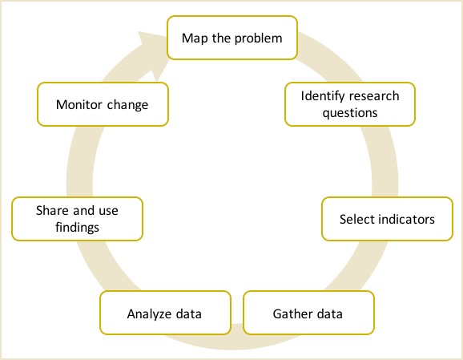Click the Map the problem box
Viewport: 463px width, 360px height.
click(232, 38)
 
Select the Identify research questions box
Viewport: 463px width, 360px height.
click(350, 104)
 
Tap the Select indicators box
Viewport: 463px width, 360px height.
click(387, 219)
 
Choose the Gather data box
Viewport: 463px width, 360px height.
click(308, 313)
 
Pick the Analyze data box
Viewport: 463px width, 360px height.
click(165, 313)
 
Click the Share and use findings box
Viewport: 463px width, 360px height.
click(78, 219)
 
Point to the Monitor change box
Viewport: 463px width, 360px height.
click(103, 104)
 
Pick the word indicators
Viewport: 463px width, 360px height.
click(407, 220)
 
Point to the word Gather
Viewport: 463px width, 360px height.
click(291, 313)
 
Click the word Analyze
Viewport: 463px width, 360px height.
click(150, 314)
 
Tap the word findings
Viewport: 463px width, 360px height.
click(78, 228)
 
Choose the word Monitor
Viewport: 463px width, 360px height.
click(79, 104)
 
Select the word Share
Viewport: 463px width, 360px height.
click(53, 211)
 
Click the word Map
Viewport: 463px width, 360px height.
click(195, 38)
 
